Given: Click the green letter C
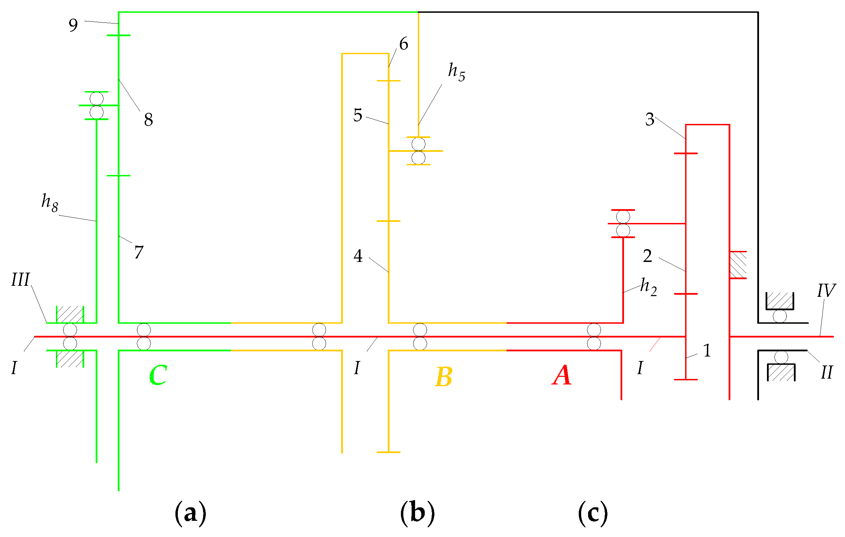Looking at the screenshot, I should click(x=158, y=375).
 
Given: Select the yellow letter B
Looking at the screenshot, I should click(x=443, y=377).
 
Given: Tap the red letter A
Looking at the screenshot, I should click(x=562, y=375).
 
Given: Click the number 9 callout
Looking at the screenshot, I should click(x=73, y=25).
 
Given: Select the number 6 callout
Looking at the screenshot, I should click(x=404, y=44).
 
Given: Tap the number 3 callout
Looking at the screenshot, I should click(x=650, y=119).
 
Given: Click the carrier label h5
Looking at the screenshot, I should click(x=457, y=72).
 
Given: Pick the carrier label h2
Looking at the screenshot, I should click(x=648, y=286).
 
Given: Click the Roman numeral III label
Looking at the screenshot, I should click(x=20, y=280).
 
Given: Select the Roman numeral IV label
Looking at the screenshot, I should click(x=826, y=291).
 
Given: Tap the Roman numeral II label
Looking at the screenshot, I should click(x=826, y=372).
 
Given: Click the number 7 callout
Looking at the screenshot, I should click(x=138, y=252).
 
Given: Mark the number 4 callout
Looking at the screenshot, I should click(x=358, y=256).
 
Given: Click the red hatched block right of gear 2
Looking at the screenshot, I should click(x=738, y=265).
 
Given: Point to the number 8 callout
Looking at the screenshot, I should click(x=148, y=120).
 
